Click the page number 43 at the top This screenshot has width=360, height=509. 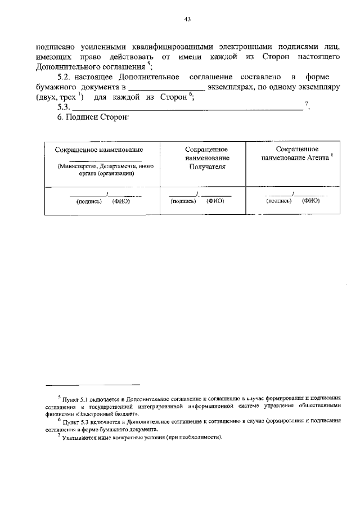(188, 19)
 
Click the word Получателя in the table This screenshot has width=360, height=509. (206, 166)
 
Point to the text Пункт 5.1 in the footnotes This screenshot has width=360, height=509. (75, 397)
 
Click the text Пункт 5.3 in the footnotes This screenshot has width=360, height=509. (75, 421)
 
